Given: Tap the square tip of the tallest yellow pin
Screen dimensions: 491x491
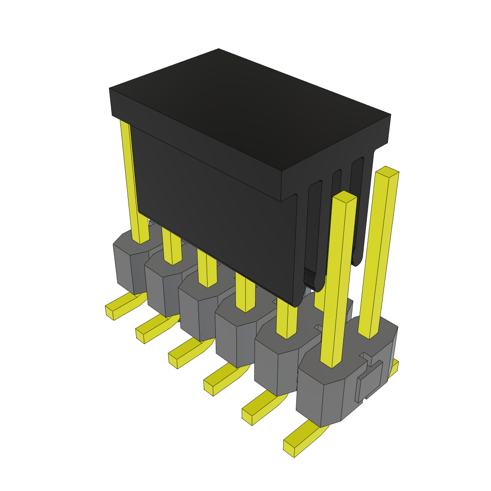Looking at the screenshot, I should (386, 172).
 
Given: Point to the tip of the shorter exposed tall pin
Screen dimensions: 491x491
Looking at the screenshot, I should (344, 196).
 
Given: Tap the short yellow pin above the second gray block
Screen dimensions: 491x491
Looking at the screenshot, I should (171, 247).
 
